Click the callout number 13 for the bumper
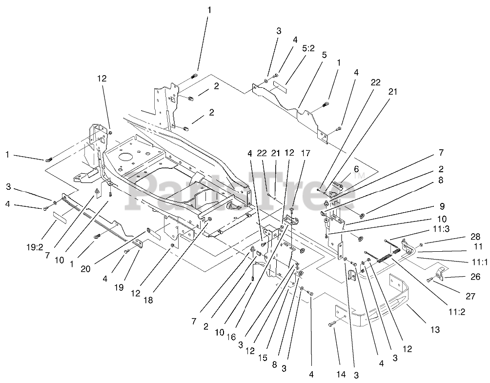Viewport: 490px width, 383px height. coord(435,329)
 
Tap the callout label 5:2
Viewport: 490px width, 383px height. coord(308,48)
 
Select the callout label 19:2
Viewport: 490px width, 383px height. coord(35,247)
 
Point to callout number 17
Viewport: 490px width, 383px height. coord(306,153)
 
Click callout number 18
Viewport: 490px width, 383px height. coord(148,300)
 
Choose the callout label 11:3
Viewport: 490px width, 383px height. coord(442,229)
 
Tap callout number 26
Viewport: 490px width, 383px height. coord(475,276)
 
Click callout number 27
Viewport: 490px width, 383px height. coord(470,296)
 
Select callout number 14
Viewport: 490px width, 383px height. coord(341,374)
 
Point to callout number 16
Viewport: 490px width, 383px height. coord(231,337)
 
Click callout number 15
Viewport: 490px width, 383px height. coord(263,357)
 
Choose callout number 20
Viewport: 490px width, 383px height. coord(85,269)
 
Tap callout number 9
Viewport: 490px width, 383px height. coord(442,206)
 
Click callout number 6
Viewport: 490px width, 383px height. coord(356,169)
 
